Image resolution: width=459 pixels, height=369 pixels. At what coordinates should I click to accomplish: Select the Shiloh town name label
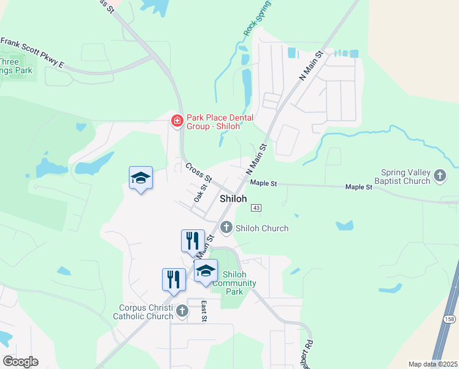pos(233,199)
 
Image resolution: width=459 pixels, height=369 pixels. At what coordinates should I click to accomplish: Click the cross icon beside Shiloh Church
pos(226,228)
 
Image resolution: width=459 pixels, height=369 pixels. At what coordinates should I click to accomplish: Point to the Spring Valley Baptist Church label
pos(396,177)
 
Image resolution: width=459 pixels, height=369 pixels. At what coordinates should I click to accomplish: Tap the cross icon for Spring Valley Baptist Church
pos(439,177)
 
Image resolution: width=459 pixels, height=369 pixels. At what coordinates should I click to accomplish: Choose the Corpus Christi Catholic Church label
pos(143,312)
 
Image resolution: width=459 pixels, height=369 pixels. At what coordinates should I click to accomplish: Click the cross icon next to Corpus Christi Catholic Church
pos(182,312)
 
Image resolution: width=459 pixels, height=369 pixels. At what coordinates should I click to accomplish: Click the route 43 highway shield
pos(256,208)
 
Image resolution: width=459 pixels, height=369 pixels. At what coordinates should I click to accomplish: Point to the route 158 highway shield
pos(450,319)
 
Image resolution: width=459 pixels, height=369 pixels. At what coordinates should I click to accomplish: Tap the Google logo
pos(20,362)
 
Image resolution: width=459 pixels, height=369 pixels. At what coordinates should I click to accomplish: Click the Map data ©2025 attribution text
pos(432,364)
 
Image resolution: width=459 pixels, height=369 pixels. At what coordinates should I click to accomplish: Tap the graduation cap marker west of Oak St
pos(141,178)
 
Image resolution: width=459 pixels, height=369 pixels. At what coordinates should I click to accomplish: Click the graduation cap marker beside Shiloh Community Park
pos(206,271)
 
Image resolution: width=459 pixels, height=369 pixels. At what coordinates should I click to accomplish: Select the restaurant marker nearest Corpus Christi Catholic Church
pos(174,279)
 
